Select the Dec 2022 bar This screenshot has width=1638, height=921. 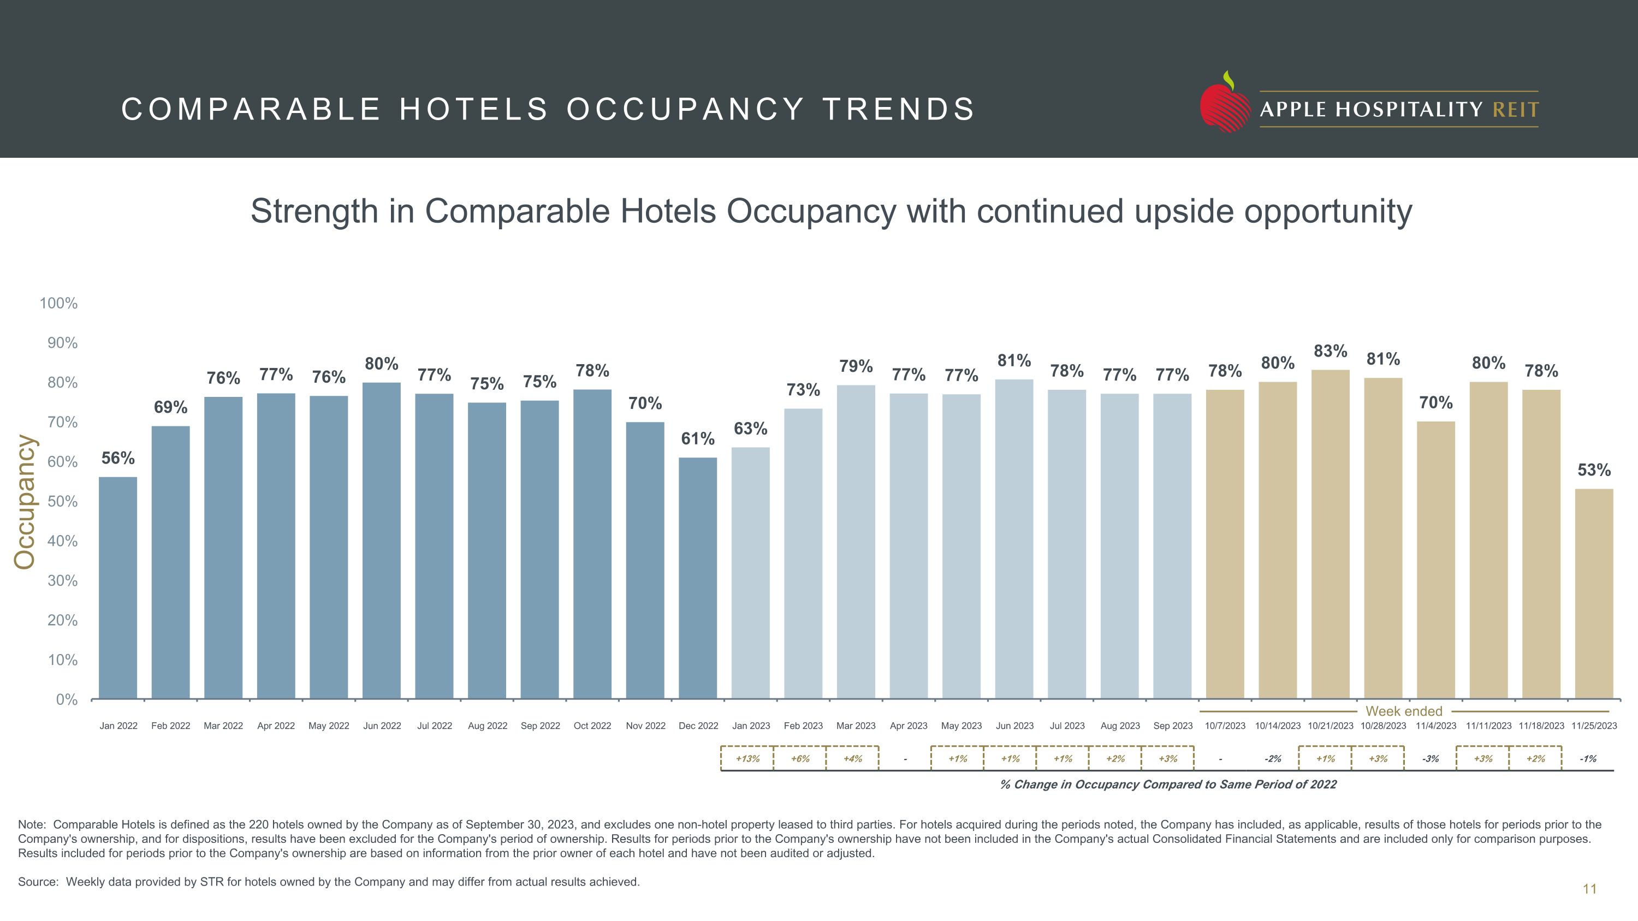tap(698, 578)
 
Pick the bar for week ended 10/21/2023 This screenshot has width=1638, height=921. tap(1330, 534)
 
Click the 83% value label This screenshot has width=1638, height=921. tap(1330, 351)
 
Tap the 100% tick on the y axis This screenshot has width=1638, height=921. tap(58, 303)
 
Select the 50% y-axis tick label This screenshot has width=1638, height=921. tap(62, 502)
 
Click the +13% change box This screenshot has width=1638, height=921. tap(747, 758)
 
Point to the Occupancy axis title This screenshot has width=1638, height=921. tap(26, 502)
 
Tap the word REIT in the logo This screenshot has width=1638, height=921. tap(1515, 110)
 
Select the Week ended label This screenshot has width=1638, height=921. tap(1403, 711)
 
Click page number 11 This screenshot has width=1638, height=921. tap(1589, 889)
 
